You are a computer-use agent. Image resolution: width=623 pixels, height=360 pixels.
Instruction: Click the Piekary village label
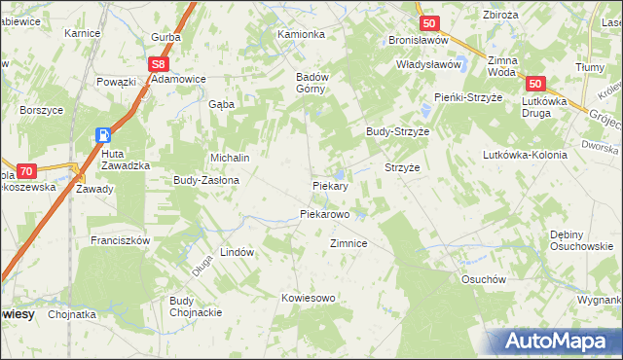point(330,185)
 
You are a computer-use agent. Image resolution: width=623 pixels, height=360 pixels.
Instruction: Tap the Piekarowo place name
point(324,213)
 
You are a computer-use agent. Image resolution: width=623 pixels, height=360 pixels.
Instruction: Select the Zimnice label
point(348,243)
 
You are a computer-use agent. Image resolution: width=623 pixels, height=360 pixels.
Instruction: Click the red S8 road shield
point(161,63)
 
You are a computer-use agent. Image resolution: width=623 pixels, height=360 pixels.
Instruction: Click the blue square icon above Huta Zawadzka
point(103,135)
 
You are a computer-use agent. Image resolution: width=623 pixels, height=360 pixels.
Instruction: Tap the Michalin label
point(231,158)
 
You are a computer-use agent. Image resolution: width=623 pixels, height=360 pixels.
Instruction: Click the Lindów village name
point(237,252)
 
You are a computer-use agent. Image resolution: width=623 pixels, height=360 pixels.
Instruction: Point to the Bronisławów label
point(417,41)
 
